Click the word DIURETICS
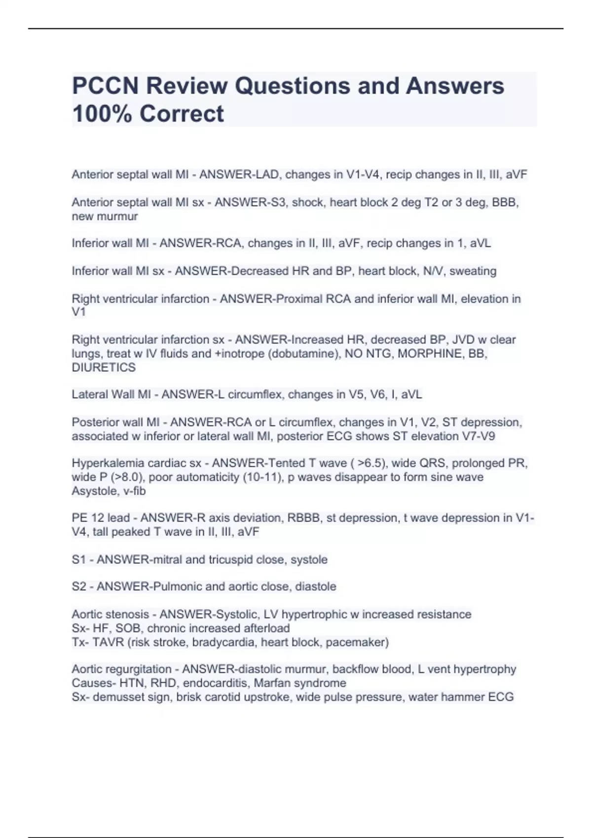104,367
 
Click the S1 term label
79,559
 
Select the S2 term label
79,587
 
